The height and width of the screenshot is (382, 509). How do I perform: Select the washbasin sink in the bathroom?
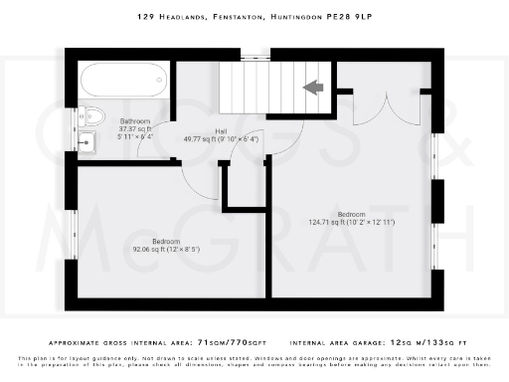click(x=86, y=141)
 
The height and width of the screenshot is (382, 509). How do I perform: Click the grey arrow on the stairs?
click(x=314, y=88)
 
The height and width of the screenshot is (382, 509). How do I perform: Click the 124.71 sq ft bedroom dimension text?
click(x=351, y=222)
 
